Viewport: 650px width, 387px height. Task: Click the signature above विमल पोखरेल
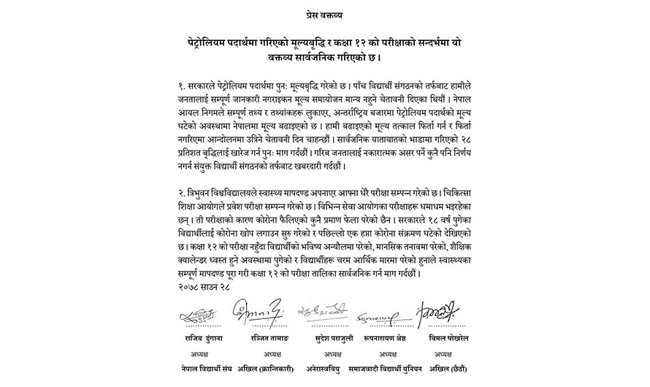click(x=442, y=313)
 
